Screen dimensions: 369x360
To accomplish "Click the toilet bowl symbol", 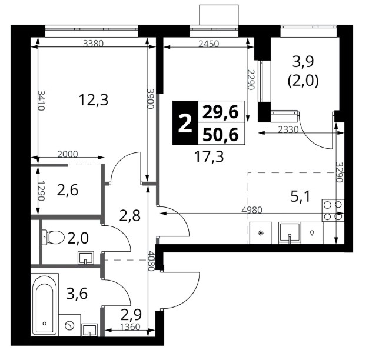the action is [x=54, y=237].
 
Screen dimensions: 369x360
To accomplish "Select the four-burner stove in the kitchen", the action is [x=333, y=211].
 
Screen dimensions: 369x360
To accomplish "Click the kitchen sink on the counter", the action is [x=290, y=233].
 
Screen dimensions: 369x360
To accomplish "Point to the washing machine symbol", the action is [x=69, y=326].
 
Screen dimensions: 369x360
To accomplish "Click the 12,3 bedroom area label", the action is [x=94, y=100].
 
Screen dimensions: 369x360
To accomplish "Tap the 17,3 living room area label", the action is [x=209, y=156].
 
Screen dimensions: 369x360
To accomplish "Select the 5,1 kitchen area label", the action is [x=301, y=196].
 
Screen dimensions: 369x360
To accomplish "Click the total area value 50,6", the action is [x=221, y=135].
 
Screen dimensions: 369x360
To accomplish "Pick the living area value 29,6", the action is [x=221, y=112].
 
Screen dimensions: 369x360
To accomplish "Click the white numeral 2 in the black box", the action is [x=185, y=123].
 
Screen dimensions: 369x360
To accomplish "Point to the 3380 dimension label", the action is [x=94, y=44].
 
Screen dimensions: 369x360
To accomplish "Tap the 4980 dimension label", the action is [x=252, y=210].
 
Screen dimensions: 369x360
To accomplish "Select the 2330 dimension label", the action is [x=288, y=129].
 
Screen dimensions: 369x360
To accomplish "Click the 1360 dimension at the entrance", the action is [x=130, y=326].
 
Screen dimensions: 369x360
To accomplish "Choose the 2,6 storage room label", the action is [x=68, y=190].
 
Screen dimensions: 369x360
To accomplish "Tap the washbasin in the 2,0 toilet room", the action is [x=86, y=258].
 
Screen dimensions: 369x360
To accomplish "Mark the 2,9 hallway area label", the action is [x=131, y=315].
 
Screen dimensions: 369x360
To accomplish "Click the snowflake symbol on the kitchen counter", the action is [x=261, y=233].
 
